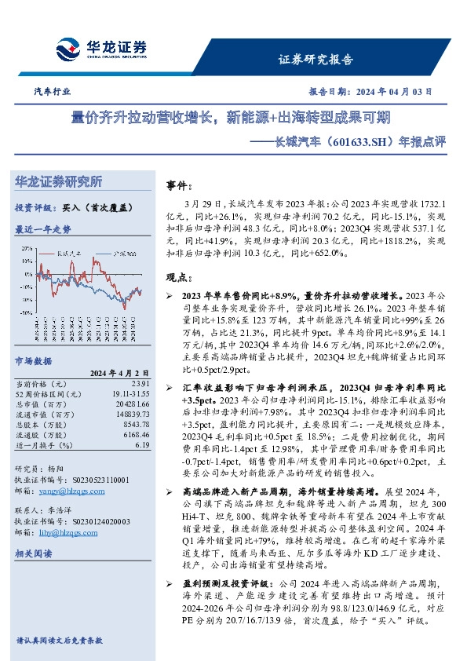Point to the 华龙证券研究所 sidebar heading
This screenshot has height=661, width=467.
pyautogui.click(x=59, y=182)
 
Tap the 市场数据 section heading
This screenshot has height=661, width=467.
pyautogui.click(x=34, y=361)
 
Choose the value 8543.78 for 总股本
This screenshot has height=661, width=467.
pyautogui.click(x=136, y=424)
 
